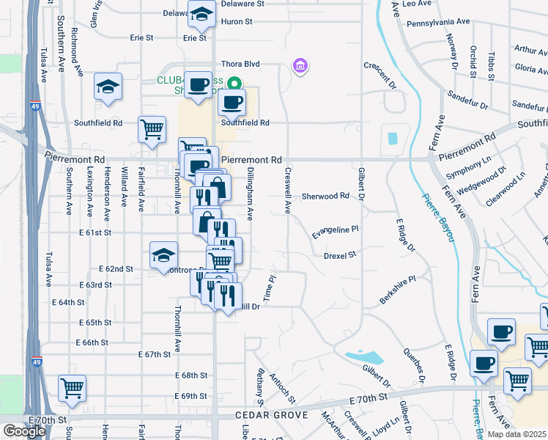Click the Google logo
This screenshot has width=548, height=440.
(24, 430)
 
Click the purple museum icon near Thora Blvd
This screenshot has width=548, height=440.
(299, 67)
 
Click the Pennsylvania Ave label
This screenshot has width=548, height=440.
(437, 23)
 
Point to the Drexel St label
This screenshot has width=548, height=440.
(339, 255)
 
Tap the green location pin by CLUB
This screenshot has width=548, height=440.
(234, 84)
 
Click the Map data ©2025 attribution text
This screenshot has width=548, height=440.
(516, 434)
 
